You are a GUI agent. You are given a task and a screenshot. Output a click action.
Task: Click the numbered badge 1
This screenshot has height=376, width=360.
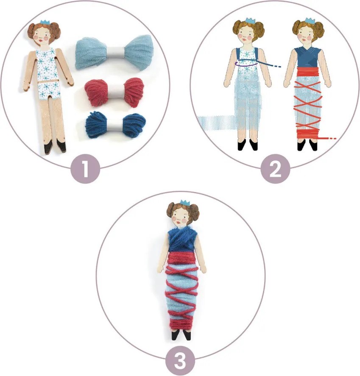(85, 169)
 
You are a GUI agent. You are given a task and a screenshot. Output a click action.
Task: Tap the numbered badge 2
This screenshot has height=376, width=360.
(275, 169)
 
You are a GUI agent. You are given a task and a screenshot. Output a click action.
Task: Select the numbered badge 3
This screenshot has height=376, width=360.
(180, 361)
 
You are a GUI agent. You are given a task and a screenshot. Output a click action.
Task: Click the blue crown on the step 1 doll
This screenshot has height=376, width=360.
(45, 22)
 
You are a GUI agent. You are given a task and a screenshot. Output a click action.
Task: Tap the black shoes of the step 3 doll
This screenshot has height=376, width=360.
(181, 335)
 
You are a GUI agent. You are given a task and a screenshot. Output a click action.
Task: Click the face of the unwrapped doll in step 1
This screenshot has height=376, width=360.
(44, 36)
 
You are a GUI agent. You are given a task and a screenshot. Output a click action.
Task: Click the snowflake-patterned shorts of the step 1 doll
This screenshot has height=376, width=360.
(49, 90)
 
